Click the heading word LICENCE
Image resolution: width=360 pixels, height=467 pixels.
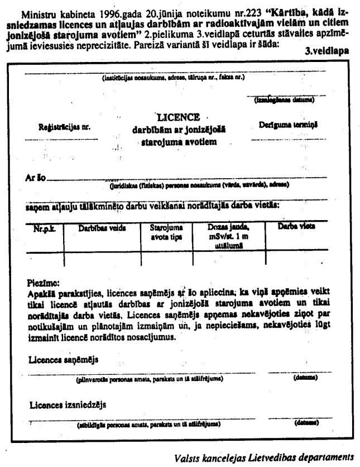tap(178, 117)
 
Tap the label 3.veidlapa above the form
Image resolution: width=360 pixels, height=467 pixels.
tap(327, 50)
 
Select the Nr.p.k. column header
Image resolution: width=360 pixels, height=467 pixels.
tap(44, 228)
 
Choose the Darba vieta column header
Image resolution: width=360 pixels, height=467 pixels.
tap(296, 227)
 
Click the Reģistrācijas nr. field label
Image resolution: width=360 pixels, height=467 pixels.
tap(64, 127)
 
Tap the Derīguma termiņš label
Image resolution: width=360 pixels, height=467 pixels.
tap(288, 126)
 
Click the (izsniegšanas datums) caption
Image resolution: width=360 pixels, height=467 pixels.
tap(284, 101)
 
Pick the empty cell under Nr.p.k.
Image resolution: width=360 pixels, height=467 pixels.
tap(45, 259)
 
